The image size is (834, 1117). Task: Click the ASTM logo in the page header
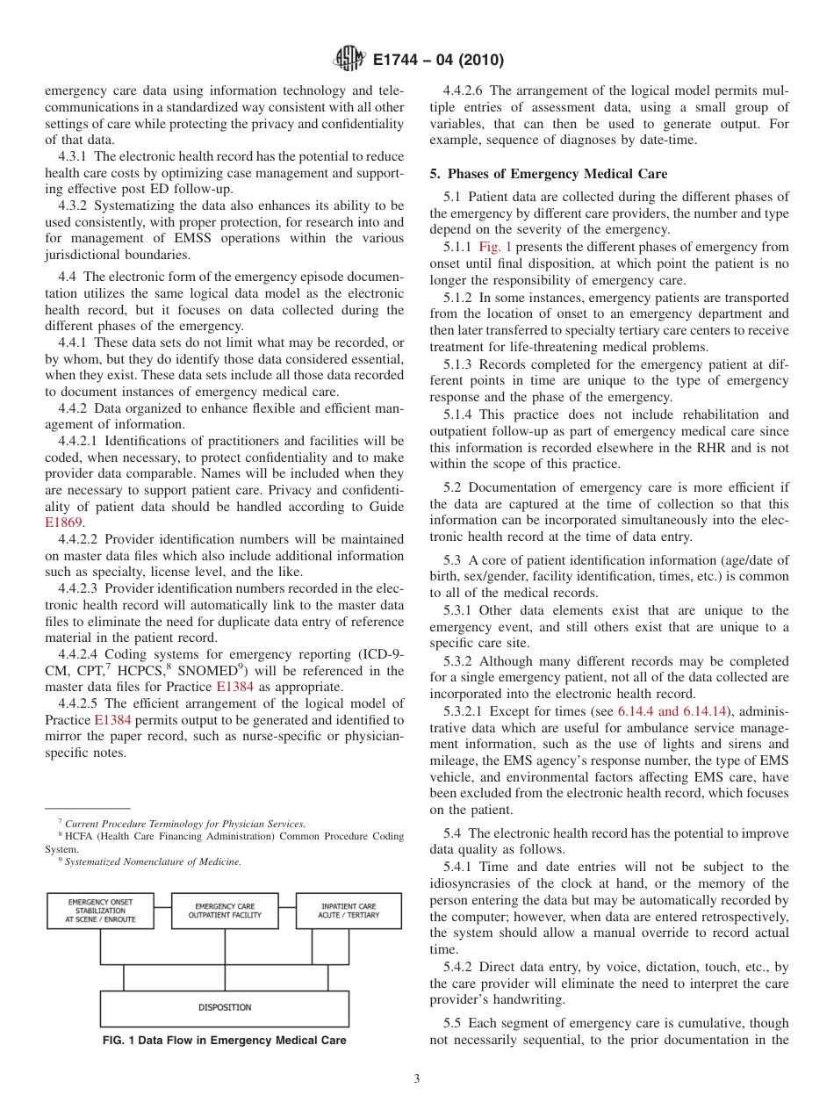tap(349, 61)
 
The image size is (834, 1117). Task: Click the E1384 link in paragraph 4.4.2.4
tap(234, 687)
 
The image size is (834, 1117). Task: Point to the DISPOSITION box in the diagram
tap(225, 1007)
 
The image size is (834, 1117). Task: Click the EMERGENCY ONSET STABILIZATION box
tap(101, 911)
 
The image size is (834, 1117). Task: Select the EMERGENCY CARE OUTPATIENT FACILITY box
tap(225, 911)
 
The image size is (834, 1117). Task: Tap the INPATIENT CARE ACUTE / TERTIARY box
tap(349, 911)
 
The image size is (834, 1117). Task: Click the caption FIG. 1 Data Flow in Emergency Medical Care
tap(224, 1041)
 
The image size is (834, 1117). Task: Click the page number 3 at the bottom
tap(417, 1079)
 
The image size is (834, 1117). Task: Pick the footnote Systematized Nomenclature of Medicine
tap(153, 862)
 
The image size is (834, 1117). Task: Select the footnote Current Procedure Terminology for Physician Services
tap(185, 824)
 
